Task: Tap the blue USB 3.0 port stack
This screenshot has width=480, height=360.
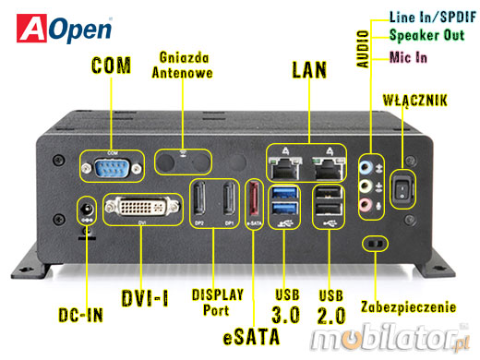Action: pos(282,205)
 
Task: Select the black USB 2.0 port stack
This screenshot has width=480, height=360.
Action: pos(325,205)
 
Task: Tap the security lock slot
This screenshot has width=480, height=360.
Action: pos(375,244)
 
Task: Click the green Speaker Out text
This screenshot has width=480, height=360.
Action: pos(426,35)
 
